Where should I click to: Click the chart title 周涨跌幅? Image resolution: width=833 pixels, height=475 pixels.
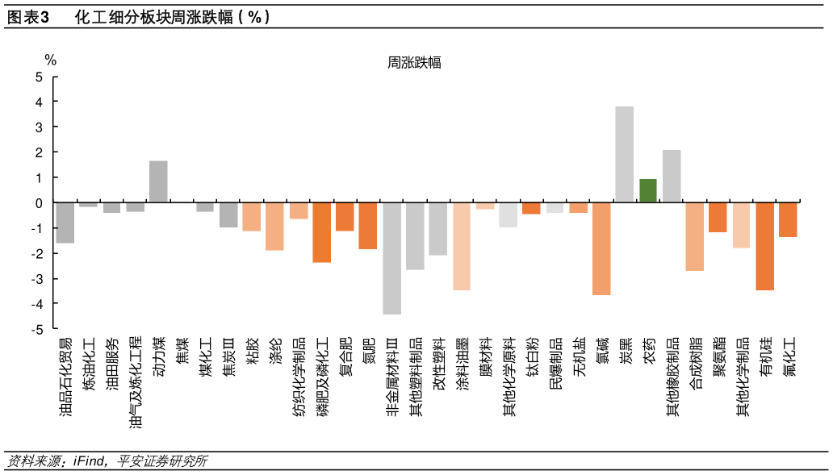414,63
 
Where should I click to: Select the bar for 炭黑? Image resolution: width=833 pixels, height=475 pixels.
625,154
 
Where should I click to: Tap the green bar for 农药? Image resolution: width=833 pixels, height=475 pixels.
648,190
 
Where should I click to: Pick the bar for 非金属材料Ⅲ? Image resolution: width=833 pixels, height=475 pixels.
392,258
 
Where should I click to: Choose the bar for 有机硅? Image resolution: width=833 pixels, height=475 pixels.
764,246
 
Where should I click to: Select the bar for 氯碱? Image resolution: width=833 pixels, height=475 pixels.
601,248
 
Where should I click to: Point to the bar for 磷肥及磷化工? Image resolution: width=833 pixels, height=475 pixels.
322,232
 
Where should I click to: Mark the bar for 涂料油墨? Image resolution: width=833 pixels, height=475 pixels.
462,246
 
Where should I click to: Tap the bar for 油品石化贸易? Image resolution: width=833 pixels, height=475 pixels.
65,223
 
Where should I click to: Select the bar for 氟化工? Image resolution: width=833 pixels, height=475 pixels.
788,219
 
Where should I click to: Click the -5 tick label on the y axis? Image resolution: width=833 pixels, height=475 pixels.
36,329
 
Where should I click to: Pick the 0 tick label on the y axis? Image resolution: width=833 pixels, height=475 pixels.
38,203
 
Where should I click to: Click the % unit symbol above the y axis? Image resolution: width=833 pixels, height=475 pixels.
50,60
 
